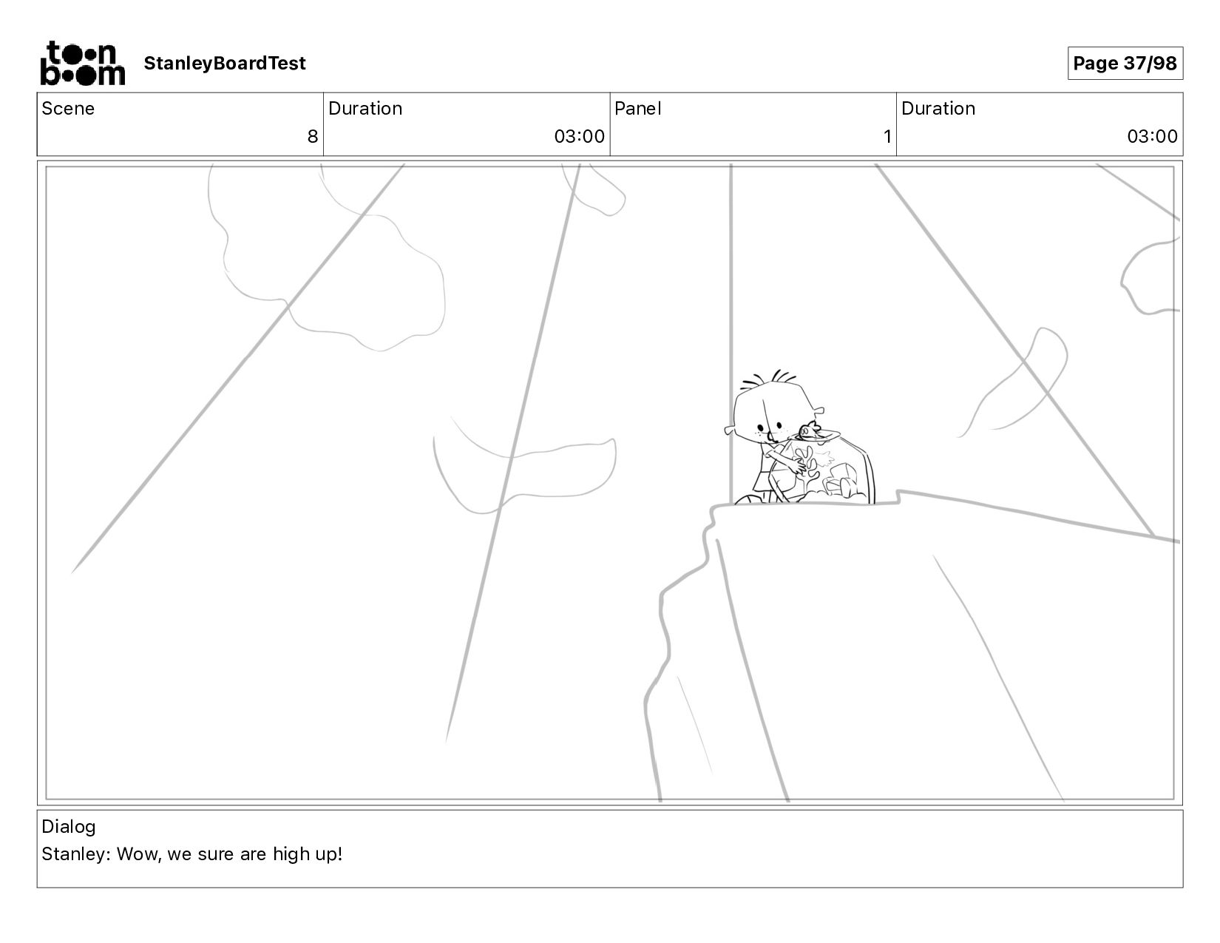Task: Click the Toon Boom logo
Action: click(83, 63)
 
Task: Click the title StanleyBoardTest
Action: click(225, 63)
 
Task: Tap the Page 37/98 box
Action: click(1125, 63)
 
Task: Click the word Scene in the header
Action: click(68, 109)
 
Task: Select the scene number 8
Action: click(313, 137)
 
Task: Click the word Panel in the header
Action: click(638, 109)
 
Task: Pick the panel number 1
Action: click(887, 137)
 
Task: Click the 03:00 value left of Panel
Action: click(580, 137)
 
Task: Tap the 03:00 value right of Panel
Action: click(1152, 137)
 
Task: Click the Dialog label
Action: click(69, 827)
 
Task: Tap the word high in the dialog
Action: click(292, 854)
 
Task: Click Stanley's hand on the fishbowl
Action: click(796, 466)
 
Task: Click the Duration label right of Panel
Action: click(938, 109)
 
